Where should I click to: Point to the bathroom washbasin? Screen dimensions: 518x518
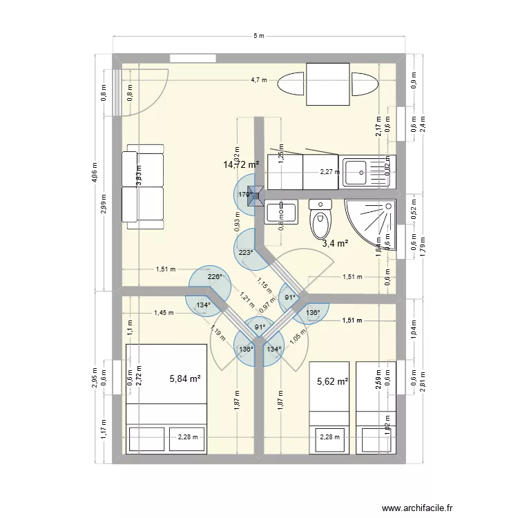pyautogui.click(x=281, y=209)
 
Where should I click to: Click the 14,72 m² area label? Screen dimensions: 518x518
pyautogui.click(x=240, y=164)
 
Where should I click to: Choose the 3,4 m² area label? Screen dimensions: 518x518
pyautogui.click(x=335, y=243)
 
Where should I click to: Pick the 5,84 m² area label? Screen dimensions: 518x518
pyautogui.click(x=185, y=378)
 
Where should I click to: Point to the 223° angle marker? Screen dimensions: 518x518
pyautogui.click(x=245, y=253)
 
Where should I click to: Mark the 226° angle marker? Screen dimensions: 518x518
pyautogui.click(x=215, y=277)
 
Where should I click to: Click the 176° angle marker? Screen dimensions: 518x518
pyautogui.click(x=245, y=195)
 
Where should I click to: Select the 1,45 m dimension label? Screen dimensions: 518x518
pyautogui.click(x=164, y=311)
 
